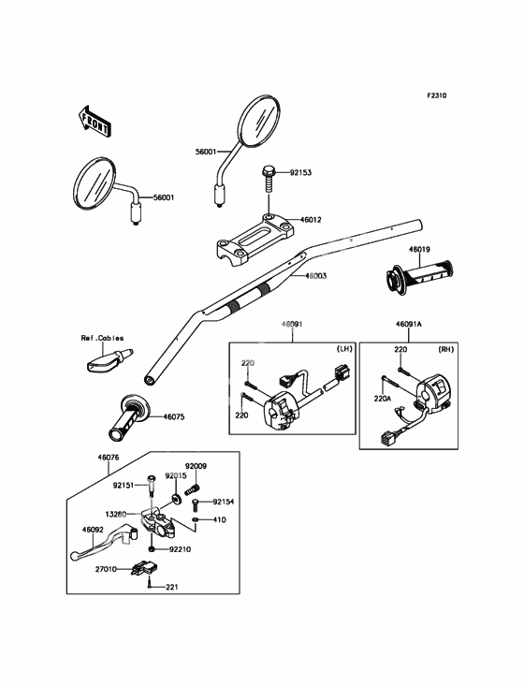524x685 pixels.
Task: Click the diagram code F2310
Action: point(437,95)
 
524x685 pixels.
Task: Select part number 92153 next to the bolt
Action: point(301,172)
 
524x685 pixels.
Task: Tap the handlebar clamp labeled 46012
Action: point(255,240)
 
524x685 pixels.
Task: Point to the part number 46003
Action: point(315,276)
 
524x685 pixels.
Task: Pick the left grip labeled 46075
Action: point(130,417)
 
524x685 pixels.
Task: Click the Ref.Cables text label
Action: point(102,338)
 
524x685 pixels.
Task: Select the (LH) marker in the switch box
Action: point(344,349)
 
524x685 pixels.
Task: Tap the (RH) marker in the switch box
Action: point(446,349)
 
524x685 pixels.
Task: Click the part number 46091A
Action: point(409,324)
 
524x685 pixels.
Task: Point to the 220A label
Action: point(382,398)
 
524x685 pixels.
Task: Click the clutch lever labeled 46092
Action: point(104,543)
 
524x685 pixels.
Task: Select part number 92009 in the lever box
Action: point(196,466)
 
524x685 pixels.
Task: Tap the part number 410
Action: point(220,520)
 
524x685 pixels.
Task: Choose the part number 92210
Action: point(180,549)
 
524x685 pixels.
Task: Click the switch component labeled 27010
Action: point(144,568)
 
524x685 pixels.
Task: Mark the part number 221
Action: point(172,587)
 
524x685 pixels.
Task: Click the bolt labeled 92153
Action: point(269,178)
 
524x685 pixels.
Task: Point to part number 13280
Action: point(116,515)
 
